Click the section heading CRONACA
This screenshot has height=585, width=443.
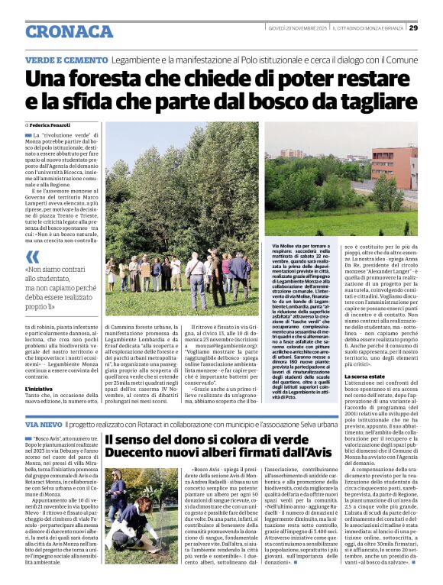point(69,31)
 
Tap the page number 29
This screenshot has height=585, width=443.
point(413,27)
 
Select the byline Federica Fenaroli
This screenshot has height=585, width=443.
point(52,124)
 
